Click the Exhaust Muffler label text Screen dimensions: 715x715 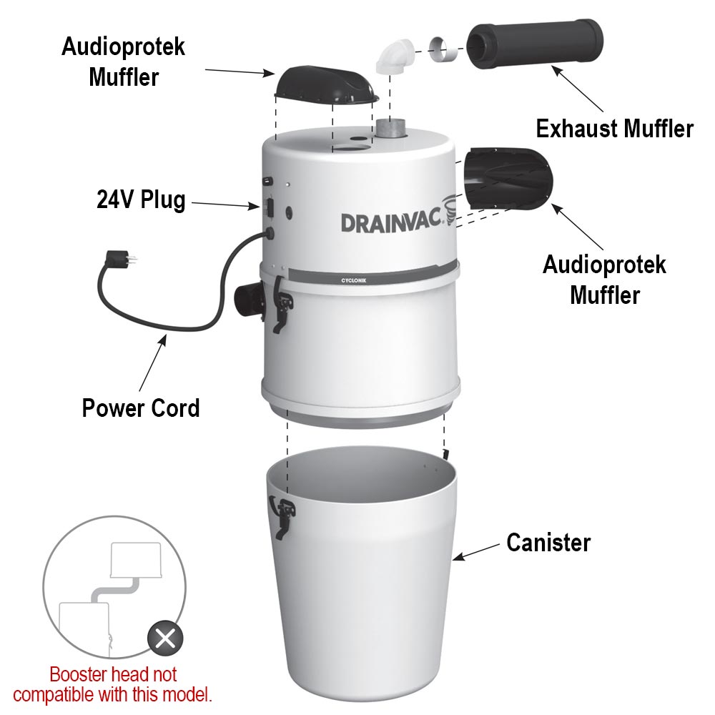pos(614,129)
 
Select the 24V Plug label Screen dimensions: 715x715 pos(141,199)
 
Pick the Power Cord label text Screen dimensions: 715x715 pos(140,408)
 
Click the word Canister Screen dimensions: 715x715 pos(548,543)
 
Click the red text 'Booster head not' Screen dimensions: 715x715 pos(113,674)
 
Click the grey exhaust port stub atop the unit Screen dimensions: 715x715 pos(390,129)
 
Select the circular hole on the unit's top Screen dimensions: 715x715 pos(351,149)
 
